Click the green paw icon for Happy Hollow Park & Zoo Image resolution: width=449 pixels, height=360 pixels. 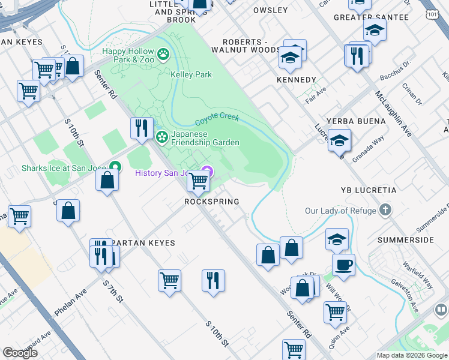(163, 56)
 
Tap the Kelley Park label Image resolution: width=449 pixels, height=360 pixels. (191, 75)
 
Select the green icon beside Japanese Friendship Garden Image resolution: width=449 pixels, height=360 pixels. (161, 138)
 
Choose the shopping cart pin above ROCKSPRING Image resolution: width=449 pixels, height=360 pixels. (198, 181)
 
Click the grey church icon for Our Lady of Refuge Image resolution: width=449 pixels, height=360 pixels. (385, 211)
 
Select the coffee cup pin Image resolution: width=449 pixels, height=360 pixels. (343, 265)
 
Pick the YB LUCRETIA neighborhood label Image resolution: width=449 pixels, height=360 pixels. (368, 190)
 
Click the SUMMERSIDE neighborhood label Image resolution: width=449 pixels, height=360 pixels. (406, 240)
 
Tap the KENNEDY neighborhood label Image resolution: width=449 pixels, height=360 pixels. (296, 80)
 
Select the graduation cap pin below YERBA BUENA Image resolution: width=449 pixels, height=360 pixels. (340, 141)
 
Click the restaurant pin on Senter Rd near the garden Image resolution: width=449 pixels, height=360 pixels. (142, 128)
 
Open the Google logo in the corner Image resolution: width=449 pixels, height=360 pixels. (20, 353)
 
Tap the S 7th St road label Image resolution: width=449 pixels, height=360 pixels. (113, 290)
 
